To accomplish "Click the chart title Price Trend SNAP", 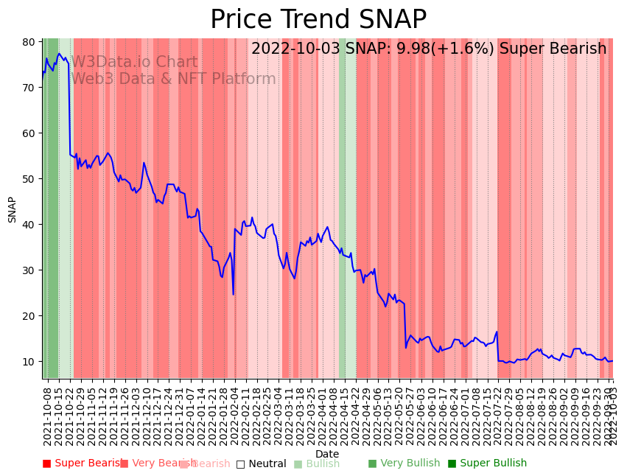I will [x=318, y=20].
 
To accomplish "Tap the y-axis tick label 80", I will [x=28, y=42].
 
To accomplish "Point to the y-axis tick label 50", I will [x=28, y=179].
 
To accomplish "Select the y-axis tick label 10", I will [x=28, y=362].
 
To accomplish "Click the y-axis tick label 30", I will [x=28, y=270].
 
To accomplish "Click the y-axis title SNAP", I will [x=13, y=209].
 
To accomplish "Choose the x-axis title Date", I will [x=327, y=454].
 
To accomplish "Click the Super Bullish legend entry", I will [x=487, y=463].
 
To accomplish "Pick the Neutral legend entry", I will [x=261, y=464].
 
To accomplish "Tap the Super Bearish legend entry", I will [x=83, y=463].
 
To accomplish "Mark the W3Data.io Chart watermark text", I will [x=134, y=63].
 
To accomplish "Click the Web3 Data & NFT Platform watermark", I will [x=173, y=79].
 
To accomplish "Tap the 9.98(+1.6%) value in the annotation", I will [x=448, y=49].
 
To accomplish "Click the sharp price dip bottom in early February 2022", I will [x=234, y=295].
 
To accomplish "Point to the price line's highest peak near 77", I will [x=59, y=54].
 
